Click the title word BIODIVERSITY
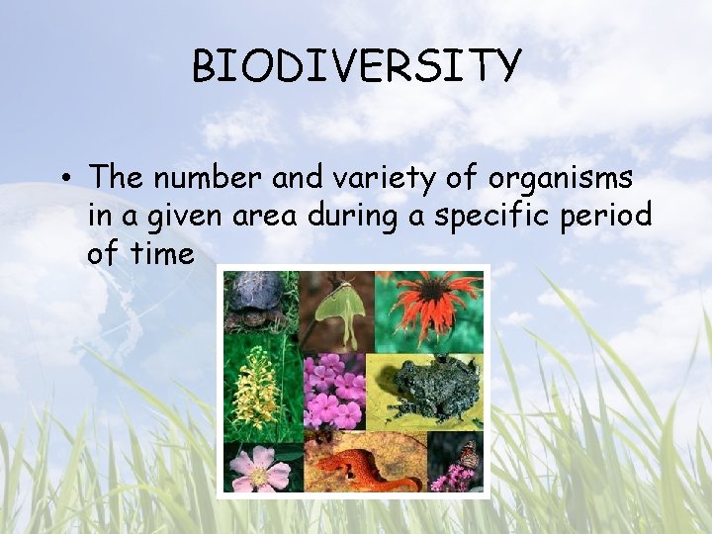tap(356, 66)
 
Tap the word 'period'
tap(608, 216)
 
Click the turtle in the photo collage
tap(259, 301)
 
